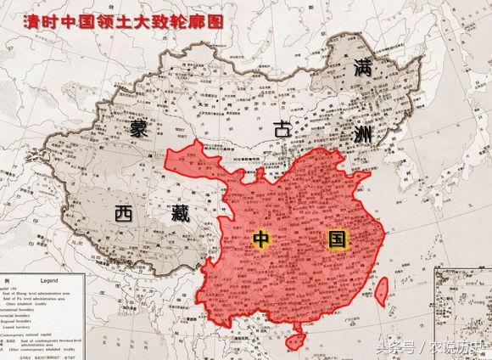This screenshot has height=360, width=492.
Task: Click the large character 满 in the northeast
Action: coord(364,71)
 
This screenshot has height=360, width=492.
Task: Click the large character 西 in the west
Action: coord(121,214)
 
